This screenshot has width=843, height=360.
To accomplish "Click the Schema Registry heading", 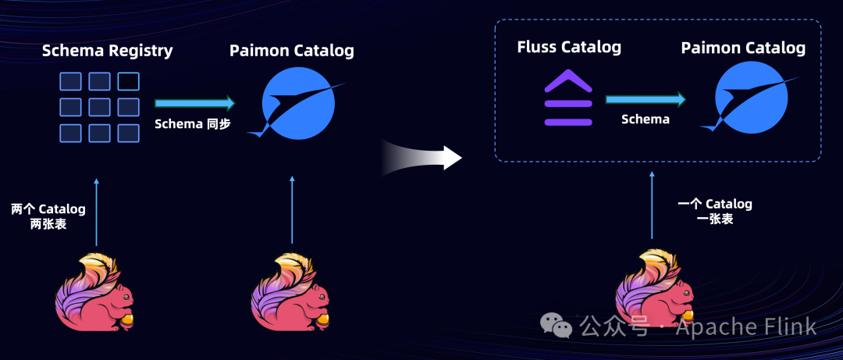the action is point(107,52).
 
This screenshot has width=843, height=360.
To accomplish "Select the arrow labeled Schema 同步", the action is point(194,103).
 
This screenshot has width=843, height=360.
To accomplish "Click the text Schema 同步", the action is point(193,123).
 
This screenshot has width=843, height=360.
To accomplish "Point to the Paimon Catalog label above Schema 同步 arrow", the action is point(291,52).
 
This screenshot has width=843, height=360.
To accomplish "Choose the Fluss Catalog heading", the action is point(569,47).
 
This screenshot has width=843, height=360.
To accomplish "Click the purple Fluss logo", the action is point(567,98).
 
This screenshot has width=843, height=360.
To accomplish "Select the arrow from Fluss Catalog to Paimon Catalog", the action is point(646,99).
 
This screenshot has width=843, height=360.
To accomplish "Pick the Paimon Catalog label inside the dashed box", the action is point(743,48).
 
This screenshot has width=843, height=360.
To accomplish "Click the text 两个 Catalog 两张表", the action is point(48,216).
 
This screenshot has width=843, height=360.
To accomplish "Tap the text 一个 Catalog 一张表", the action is point(714,211).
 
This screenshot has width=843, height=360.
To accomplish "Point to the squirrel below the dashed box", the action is point(653,289).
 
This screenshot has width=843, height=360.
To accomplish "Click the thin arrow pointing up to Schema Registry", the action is point(96,211).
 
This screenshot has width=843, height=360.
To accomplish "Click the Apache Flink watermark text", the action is point(745,326).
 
